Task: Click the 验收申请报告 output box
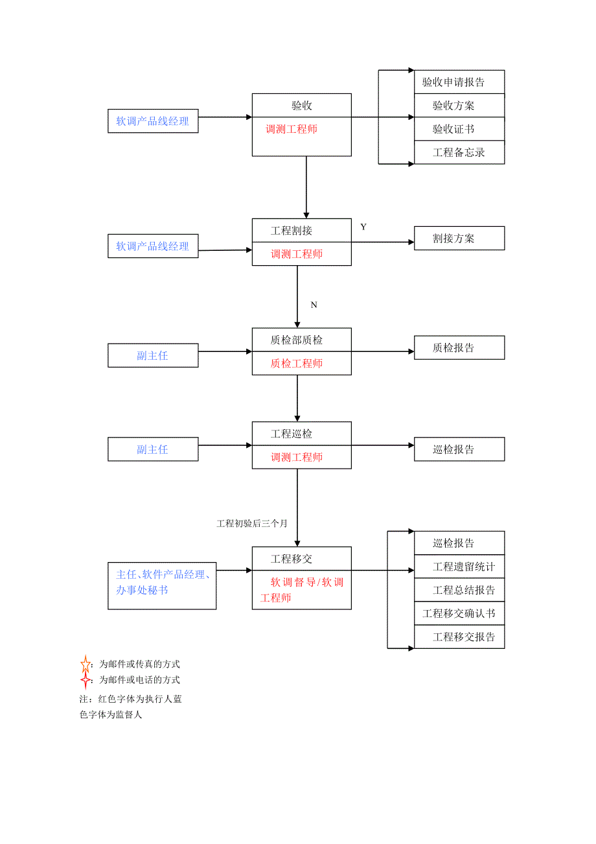(459, 82)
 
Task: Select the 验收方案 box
(459, 106)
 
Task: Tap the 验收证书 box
(459, 129)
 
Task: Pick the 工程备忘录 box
(459, 152)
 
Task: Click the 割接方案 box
(459, 238)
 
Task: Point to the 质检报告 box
(459, 347)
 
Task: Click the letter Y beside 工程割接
(363, 227)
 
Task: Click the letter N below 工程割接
(314, 305)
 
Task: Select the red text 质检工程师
(297, 364)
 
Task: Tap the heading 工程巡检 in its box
(292, 434)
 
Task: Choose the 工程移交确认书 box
(459, 613)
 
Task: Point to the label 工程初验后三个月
(252, 523)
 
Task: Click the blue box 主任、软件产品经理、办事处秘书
(162, 582)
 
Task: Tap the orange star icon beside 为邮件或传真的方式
(86, 664)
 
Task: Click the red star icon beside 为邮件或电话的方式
(86, 680)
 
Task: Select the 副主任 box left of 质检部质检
(153, 356)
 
